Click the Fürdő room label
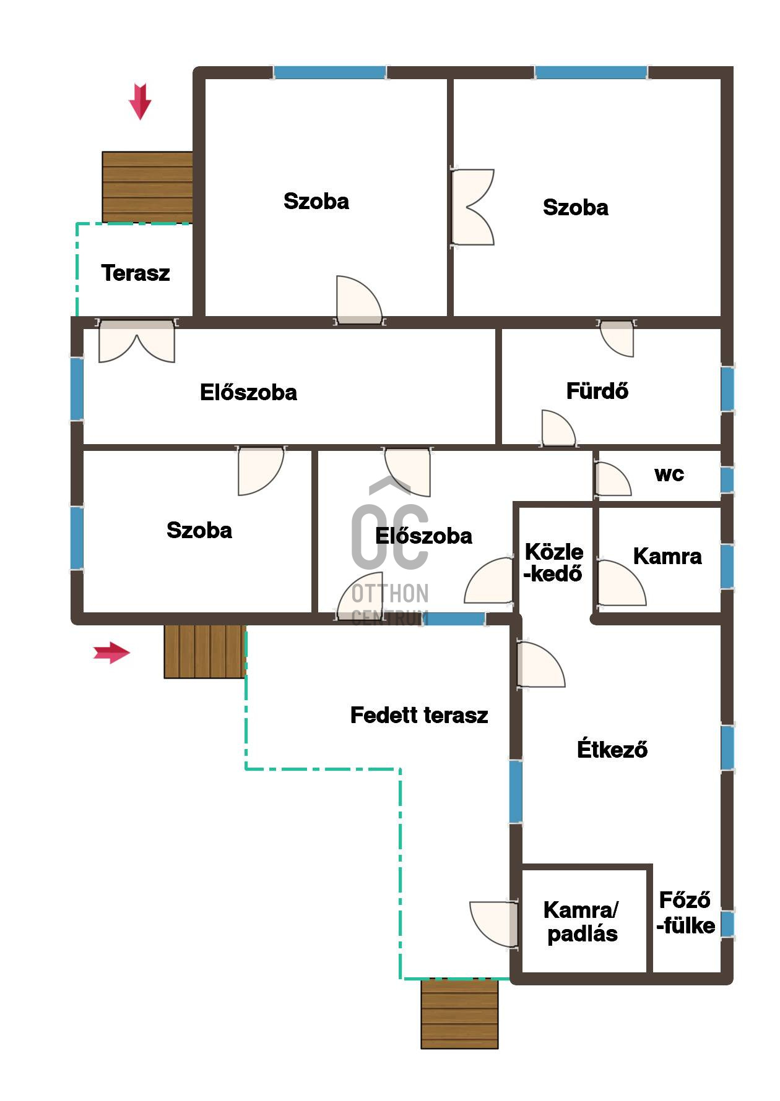(x=597, y=391)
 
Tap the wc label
(x=669, y=474)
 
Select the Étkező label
(x=612, y=748)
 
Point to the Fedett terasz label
(x=419, y=715)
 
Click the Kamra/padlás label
(x=581, y=922)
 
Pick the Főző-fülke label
(x=685, y=912)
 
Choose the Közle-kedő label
(x=553, y=562)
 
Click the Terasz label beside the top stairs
(x=136, y=273)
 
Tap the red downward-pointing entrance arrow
(x=140, y=101)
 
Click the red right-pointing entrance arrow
(x=111, y=653)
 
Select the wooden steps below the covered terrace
(x=459, y=1014)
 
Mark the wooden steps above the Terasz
(x=147, y=187)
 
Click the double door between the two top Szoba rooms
(x=473, y=207)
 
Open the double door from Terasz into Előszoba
(x=137, y=341)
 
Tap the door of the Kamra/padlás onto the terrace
(x=494, y=924)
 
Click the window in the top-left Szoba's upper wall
(x=330, y=72)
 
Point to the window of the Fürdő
(x=727, y=389)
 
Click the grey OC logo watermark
(x=390, y=550)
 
